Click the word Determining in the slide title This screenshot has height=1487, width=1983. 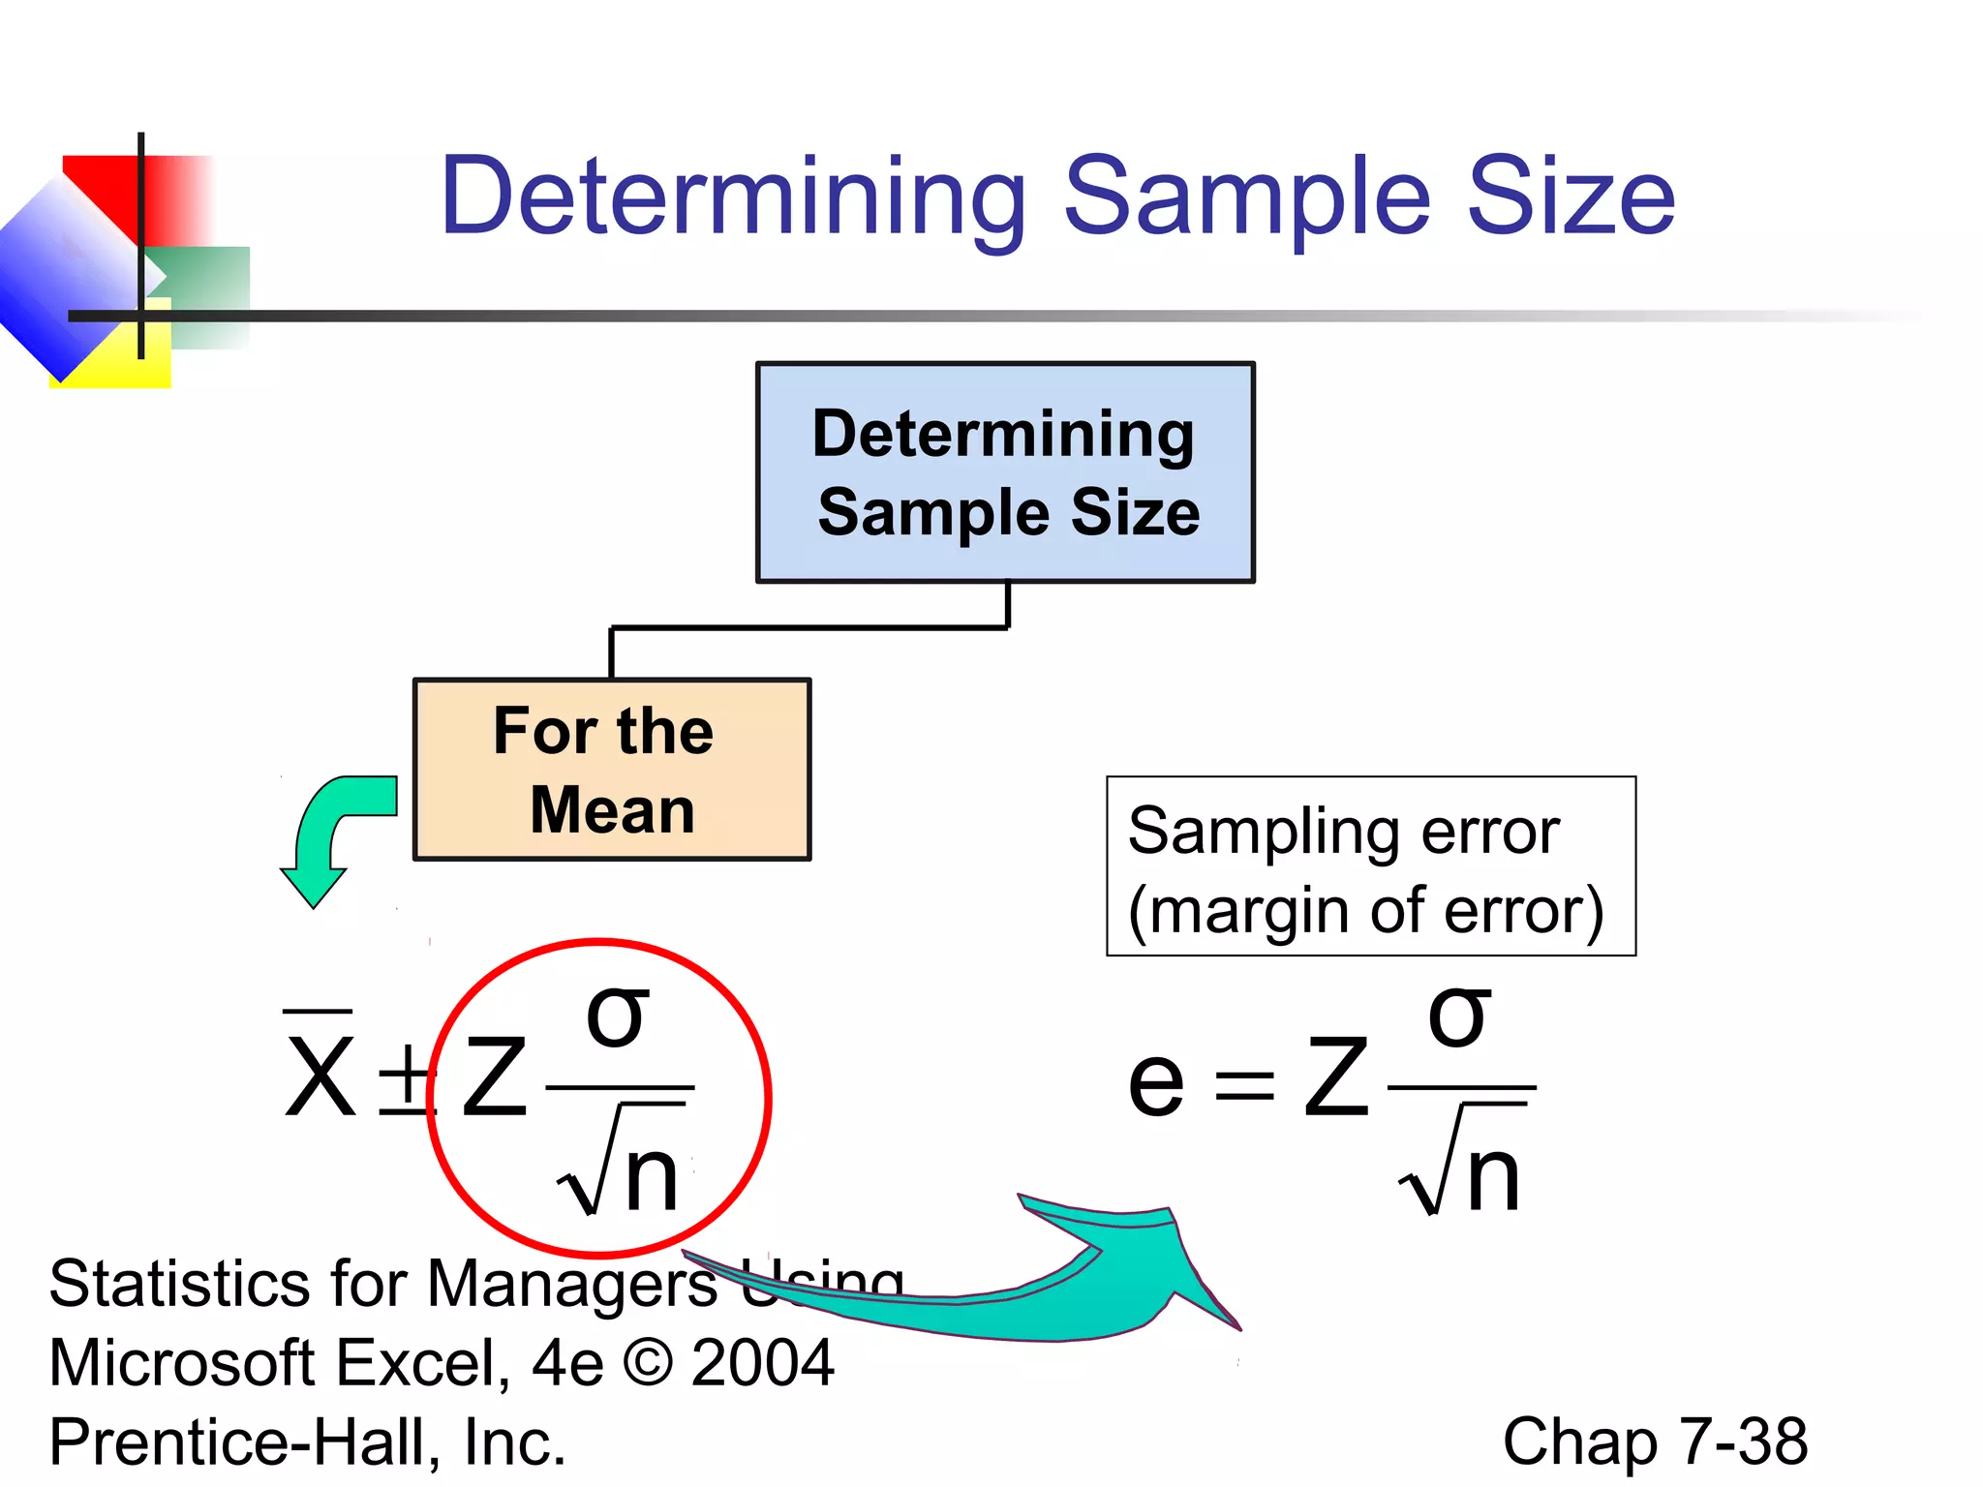(733, 197)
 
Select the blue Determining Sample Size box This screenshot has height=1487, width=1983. (1005, 472)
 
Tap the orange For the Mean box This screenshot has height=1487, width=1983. (612, 770)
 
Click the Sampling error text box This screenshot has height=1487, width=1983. (1371, 866)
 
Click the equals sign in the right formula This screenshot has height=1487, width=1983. (1244, 1084)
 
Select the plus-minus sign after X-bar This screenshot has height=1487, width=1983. (405, 1078)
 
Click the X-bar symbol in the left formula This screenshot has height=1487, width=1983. (320, 1070)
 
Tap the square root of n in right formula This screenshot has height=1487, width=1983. (1462, 1167)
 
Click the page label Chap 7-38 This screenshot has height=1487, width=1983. (1655, 1441)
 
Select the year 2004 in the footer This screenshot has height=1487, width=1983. (763, 1363)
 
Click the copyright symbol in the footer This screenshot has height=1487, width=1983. (648, 1363)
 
